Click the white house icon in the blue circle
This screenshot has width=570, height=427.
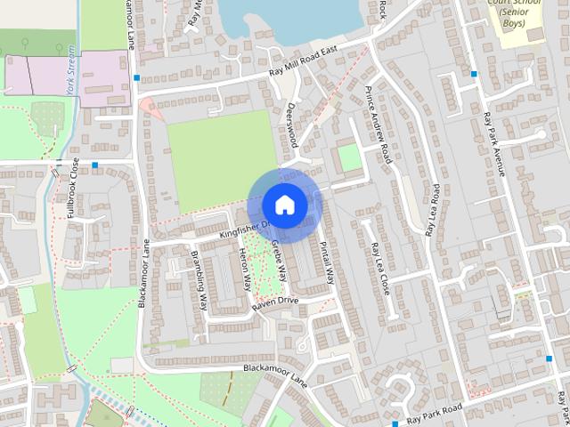284,205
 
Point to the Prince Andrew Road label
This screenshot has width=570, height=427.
379,125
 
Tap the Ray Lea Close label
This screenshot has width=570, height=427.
380,269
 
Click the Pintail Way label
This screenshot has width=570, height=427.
327,263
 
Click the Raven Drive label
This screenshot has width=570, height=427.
275,303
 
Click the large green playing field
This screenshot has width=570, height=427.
222,160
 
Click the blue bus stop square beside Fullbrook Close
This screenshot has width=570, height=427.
95,165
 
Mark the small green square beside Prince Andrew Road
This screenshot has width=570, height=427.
349,158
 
